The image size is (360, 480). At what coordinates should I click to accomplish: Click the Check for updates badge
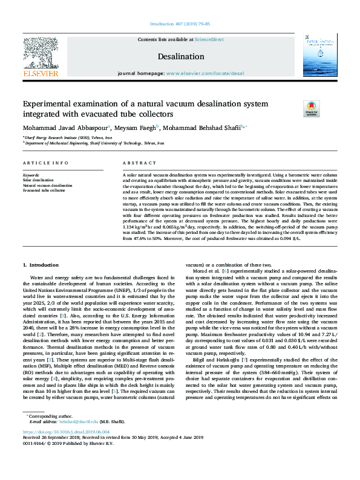click(311, 108)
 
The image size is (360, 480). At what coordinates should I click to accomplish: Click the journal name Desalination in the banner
click(180, 56)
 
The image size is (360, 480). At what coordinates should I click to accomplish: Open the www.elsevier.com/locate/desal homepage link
click(205, 73)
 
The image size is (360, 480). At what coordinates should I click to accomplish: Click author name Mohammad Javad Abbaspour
click(65, 128)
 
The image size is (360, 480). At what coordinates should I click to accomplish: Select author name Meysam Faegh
click(137, 128)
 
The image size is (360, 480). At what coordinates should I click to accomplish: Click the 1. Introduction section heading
click(41, 265)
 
